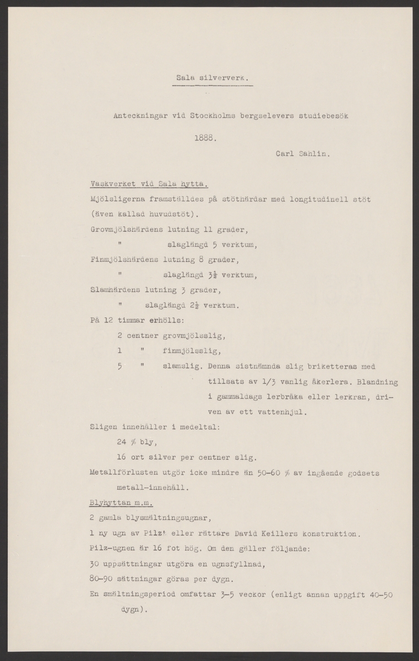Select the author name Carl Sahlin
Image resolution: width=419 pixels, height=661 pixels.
[302, 155]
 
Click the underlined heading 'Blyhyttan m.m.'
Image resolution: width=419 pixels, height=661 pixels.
[121, 502]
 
